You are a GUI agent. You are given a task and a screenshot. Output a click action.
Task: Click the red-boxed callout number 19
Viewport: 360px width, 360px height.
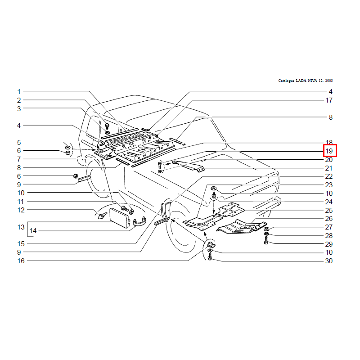(x=329, y=151)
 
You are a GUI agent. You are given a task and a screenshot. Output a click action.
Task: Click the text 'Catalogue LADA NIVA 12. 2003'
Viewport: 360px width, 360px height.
(x=306, y=81)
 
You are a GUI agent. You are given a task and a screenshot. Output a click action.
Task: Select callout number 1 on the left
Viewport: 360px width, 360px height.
(x=19, y=92)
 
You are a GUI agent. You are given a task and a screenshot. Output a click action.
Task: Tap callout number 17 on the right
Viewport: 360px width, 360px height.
(x=329, y=100)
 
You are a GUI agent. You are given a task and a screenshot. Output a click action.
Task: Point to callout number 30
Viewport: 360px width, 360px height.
(x=329, y=261)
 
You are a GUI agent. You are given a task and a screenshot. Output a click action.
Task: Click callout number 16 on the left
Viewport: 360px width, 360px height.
(x=21, y=261)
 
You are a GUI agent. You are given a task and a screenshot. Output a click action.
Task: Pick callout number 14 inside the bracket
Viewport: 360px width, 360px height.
(x=33, y=231)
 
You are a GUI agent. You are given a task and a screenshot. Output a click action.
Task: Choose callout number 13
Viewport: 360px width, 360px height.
(x=21, y=227)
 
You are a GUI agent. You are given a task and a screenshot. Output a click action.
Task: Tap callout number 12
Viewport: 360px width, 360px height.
(x=21, y=210)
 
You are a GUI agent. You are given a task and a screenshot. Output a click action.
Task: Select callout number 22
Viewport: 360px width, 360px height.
(x=329, y=176)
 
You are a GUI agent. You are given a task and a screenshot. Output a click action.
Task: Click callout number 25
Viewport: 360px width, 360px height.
(x=329, y=210)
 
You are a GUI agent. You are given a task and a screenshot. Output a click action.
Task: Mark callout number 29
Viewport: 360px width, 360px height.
(x=329, y=244)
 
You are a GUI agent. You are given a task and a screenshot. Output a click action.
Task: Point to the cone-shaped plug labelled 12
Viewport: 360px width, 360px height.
(x=102, y=216)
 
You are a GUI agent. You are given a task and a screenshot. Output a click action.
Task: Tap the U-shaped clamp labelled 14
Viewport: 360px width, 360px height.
(x=139, y=221)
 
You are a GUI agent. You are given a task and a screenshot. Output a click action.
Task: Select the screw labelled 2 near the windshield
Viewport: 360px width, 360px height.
(x=107, y=126)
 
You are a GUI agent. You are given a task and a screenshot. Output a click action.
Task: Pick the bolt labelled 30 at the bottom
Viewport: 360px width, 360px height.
(x=210, y=257)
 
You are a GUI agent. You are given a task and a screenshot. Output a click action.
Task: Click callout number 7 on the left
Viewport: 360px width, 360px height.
(x=19, y=159)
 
